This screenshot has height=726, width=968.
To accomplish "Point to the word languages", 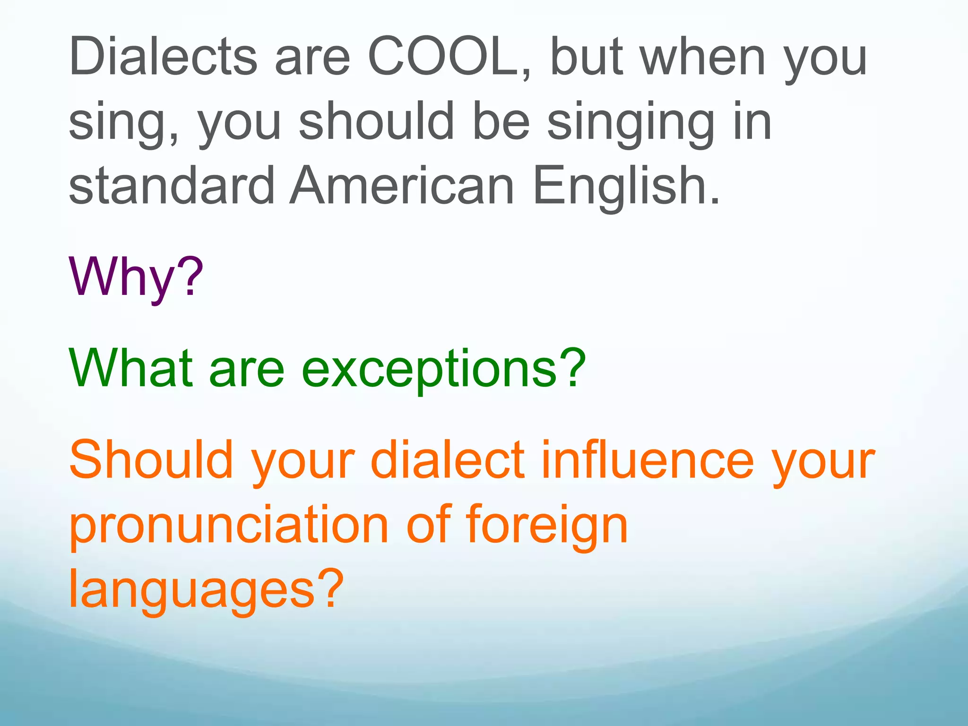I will (x=191, y=591).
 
